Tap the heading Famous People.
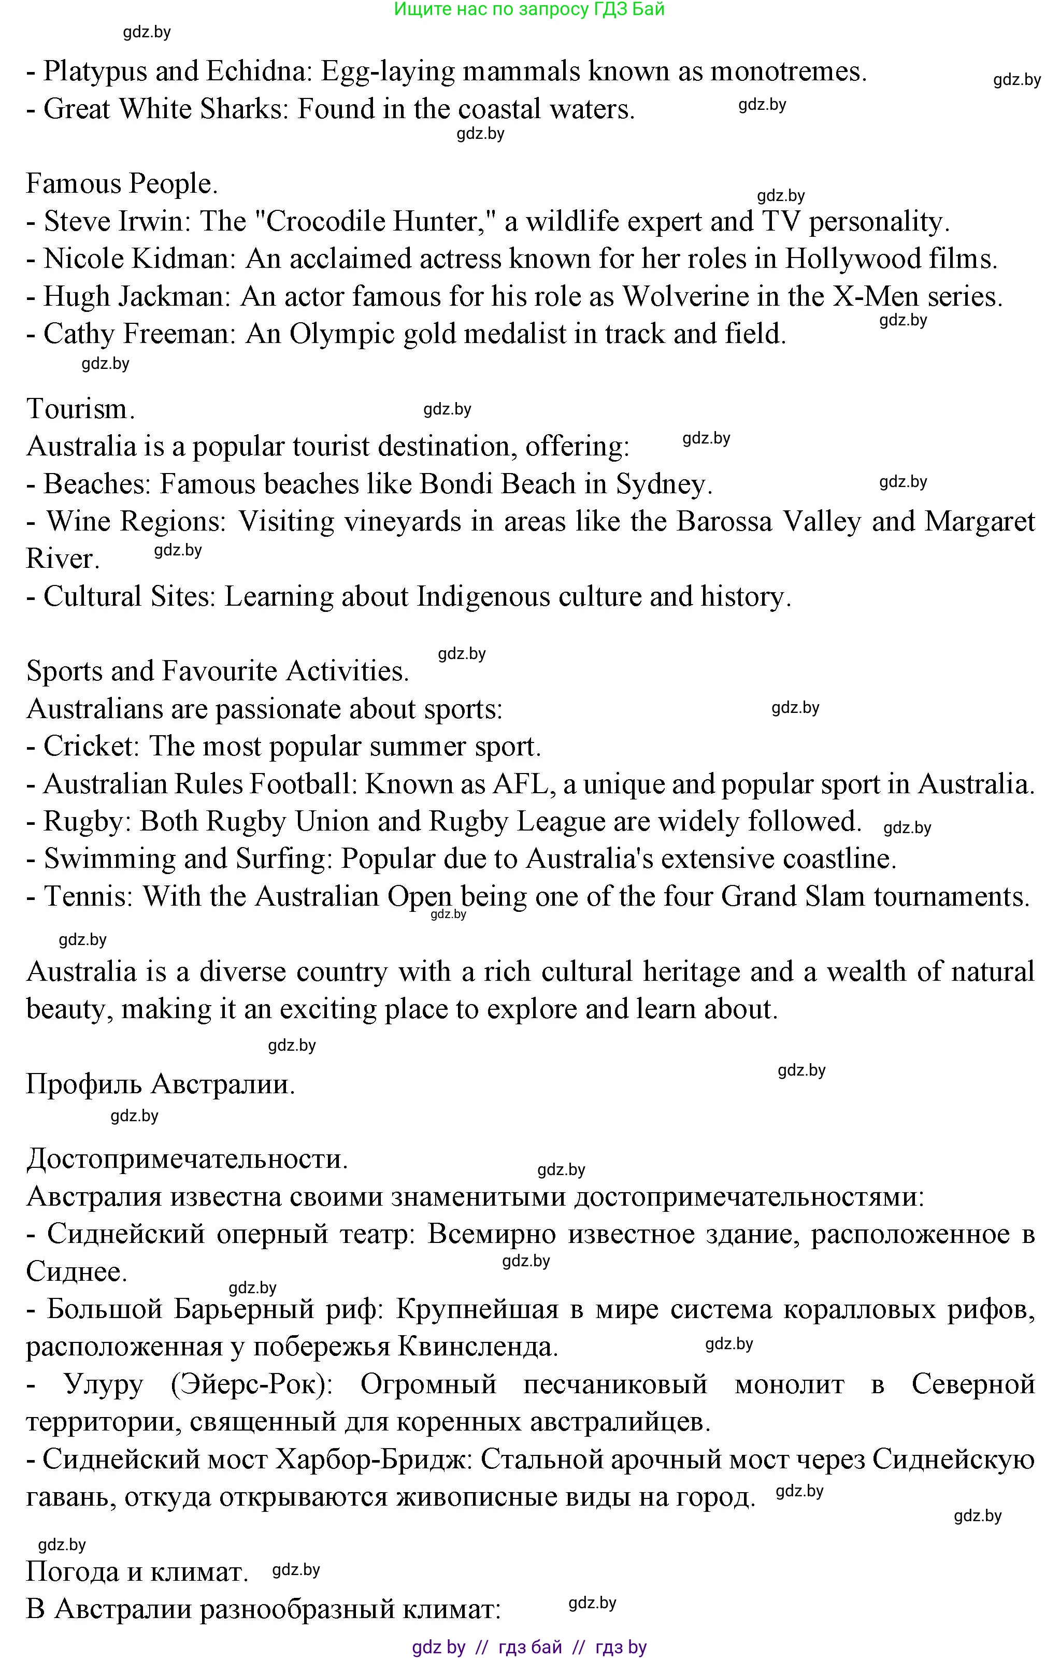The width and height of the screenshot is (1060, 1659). click(x=122, y=184)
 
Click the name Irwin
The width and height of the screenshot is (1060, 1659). click(x=159, y=222)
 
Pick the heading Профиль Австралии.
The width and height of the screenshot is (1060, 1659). click(x=161, y=1084)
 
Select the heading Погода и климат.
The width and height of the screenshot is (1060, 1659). click(x=136, y=1571)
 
